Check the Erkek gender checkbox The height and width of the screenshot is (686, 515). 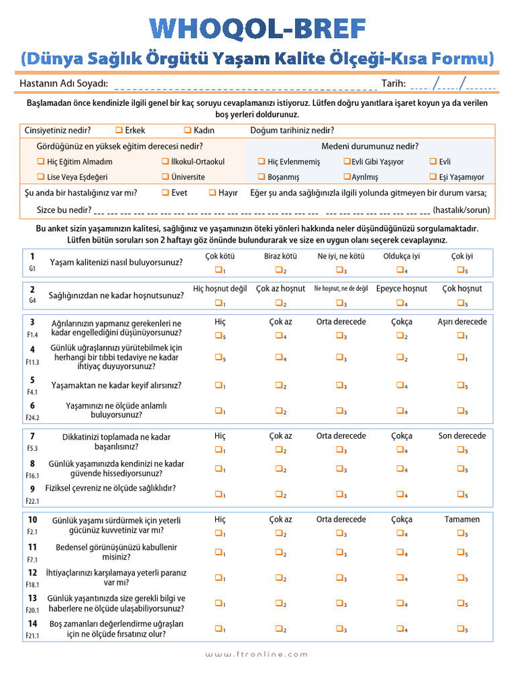click(x=119, y=130)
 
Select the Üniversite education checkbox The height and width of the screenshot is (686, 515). click(x=165, y=177)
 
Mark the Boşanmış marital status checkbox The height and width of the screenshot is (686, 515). click(x=262, y=177)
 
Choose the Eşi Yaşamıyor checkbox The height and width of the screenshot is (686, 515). click(x=433, y=177)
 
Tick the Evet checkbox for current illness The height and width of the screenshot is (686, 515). click(x=165, y=192)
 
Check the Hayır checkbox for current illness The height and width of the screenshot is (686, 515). click(x=212, y=192)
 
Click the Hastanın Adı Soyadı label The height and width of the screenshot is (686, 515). click(x=64, y=83)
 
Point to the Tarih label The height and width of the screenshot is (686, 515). click(x=394, y=83)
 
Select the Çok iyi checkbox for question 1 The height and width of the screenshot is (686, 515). click(x=461, y=269)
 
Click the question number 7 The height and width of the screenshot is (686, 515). click(x=32, y=436)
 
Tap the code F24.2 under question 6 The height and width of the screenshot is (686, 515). click(x=33, y=417)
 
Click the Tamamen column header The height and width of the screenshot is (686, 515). click(x=462, y=519)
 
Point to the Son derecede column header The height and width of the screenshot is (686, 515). click(x=462, y=435)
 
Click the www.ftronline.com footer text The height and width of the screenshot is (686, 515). click(x=257, y=654)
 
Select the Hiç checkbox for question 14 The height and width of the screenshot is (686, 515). click(x=219, y=628)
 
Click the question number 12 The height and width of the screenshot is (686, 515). click(x=32, y=573)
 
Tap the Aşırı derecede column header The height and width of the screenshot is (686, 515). click(x=462, y=322)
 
